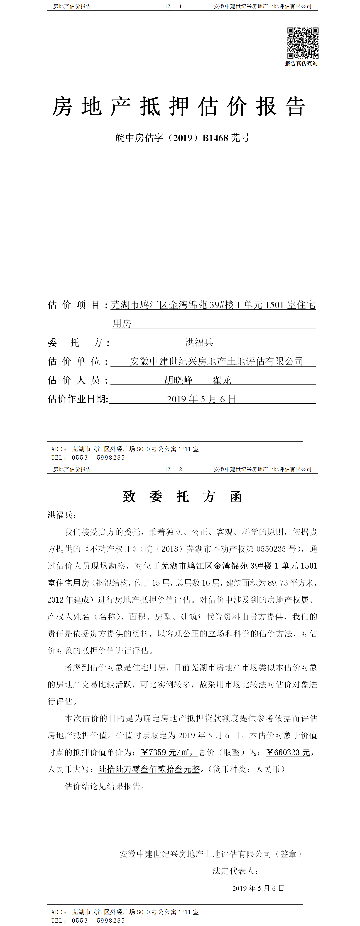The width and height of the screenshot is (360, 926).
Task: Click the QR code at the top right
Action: click(x=303, y=43)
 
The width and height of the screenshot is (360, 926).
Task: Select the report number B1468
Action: click(x=215, y=138)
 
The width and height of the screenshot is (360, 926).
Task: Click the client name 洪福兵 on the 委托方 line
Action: click(x=199, y=342)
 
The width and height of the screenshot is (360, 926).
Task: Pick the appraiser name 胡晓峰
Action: click(x=179, y=380)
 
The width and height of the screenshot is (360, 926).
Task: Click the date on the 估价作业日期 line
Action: click(x=201, y=399)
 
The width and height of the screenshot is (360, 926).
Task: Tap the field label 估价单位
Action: click(x=74, y=361)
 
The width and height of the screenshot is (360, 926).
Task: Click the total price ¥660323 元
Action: click(x=288, y=752)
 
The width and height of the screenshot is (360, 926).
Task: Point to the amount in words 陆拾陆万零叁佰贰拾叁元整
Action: click(x=149, y=769)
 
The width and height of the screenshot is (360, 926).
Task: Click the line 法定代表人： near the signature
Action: click(x=235, y=871)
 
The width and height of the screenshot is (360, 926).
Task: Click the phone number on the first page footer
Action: click(x=98, y=458)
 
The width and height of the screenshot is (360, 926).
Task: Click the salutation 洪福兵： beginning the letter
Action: click(x=62, y=515)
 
